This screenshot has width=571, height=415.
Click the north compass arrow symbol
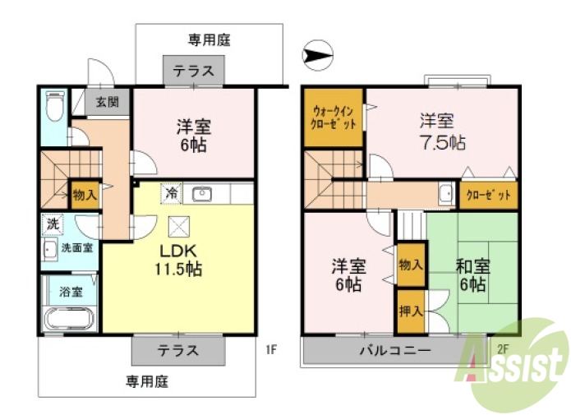(319, 56)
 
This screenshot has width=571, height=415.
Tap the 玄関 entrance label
(107, 103)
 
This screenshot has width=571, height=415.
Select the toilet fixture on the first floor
(54, 106)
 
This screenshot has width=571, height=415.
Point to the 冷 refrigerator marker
(172, 194)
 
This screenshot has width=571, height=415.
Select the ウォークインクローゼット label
(334, 118)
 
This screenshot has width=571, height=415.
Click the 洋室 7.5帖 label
(441, 131)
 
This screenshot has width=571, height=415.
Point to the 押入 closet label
(411, 311)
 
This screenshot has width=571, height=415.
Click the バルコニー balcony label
(394, 351)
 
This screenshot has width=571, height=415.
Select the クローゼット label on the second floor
(488, 196)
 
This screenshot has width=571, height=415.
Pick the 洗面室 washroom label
(77, 246)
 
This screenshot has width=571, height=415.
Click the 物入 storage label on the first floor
(85, 195)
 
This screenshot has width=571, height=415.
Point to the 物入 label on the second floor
(411, 265)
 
